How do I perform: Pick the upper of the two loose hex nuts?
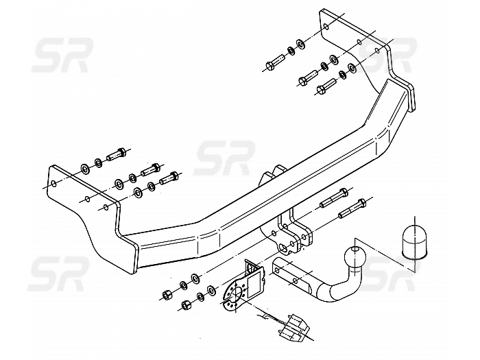point(167,294)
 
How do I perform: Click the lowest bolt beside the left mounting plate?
point(168,180)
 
